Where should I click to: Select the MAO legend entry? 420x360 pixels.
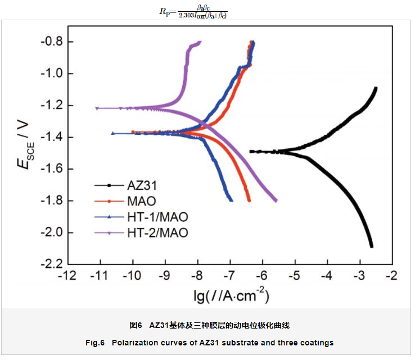pos(141,201)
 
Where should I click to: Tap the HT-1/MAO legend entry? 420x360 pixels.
pos(157,217)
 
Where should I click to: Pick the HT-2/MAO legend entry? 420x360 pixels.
pos(157,233)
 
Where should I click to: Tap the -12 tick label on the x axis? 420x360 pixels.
pos(67,276)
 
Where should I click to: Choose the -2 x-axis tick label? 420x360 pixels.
pos(391,276)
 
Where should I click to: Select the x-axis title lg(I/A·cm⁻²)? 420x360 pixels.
pos(231,295)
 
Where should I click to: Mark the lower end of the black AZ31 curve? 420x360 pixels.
pos(372,245)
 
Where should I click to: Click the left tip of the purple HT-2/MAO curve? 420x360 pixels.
pos(97,108)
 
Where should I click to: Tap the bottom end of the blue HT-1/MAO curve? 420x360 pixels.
pos(231,200)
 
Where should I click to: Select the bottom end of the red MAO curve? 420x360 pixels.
pos(249,200)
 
